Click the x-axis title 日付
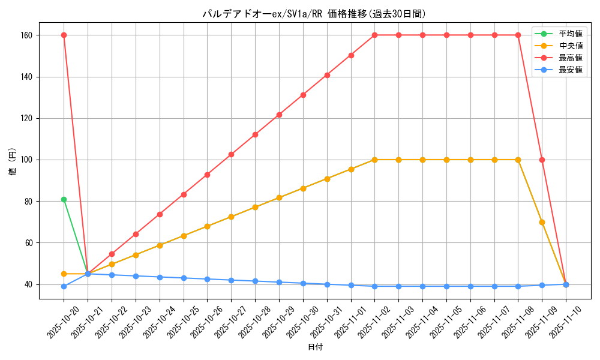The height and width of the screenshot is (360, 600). tap(315, 347)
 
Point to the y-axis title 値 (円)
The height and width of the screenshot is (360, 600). tap(13, 162)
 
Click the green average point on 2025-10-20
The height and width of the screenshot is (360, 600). tap(64, 199)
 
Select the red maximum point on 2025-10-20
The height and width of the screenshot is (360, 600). tap(64, 35)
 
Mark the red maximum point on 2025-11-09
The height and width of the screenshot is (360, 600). tap(542, 160)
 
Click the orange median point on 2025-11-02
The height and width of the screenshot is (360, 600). tap(374, 160)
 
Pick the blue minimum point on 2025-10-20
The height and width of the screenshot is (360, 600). tap(64, 286)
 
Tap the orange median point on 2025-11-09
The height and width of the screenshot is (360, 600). tap(542, 222)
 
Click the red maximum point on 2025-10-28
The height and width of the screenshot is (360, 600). tap(255, 134)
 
